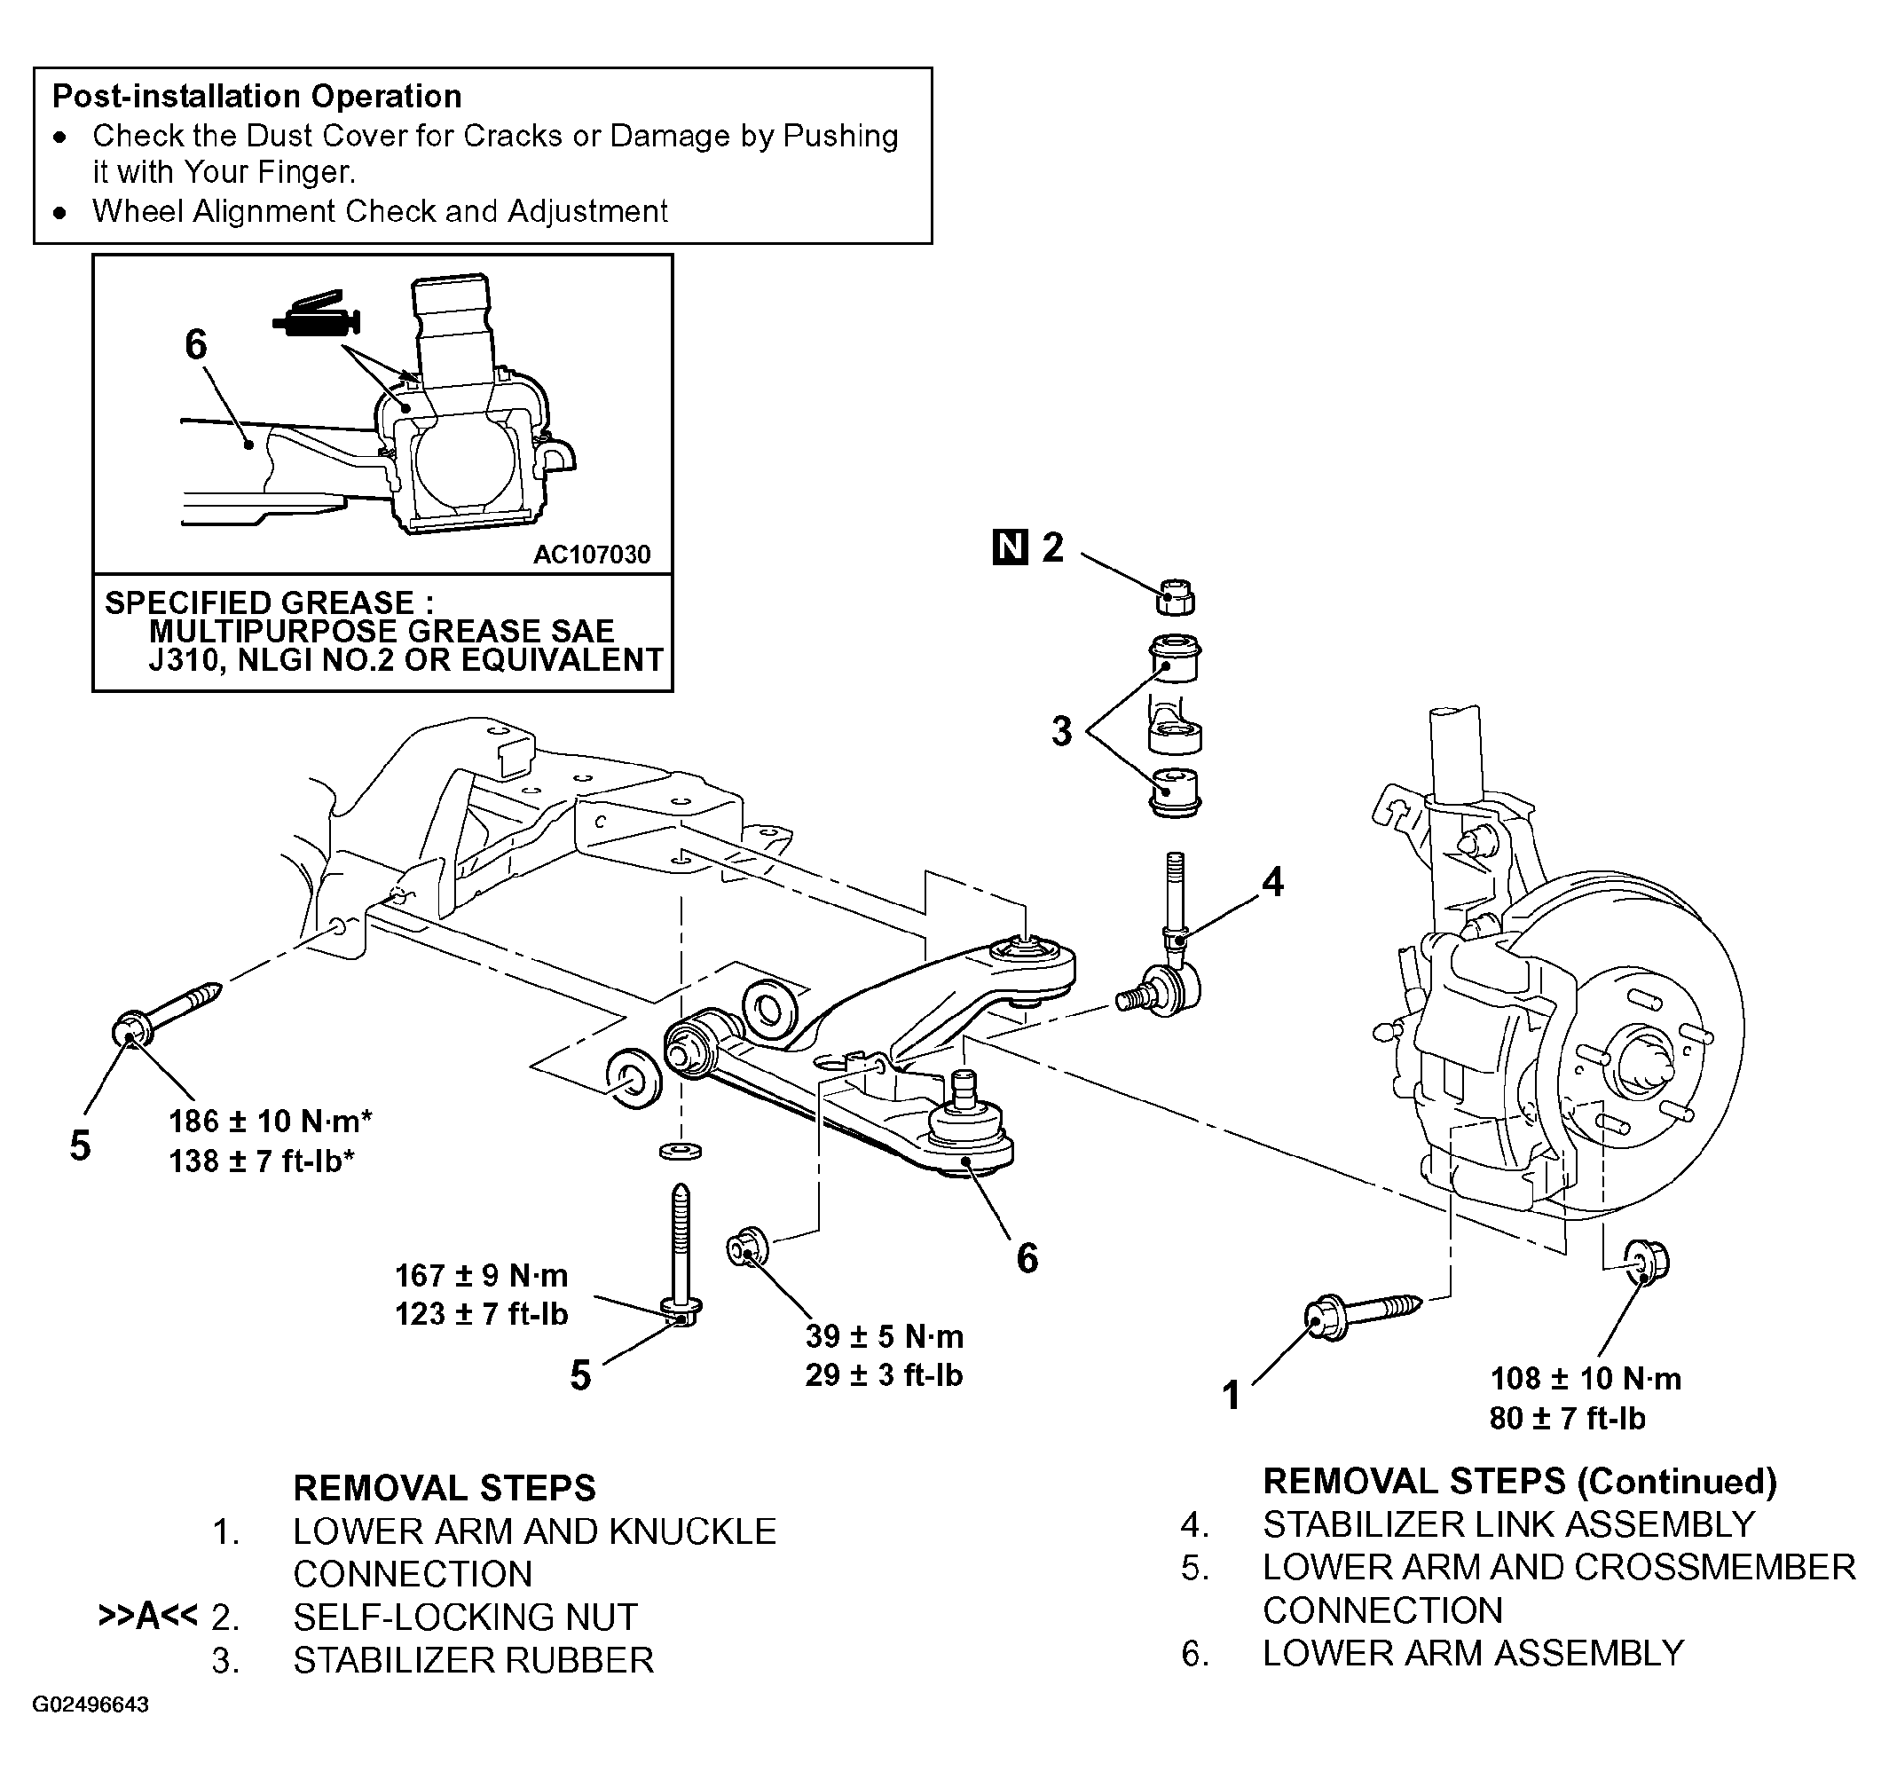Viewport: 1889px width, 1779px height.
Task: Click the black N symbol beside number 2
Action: [1010, 547]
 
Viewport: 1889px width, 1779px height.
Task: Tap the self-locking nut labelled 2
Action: [1177, 597]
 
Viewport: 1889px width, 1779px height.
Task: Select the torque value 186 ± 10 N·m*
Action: [271, 1122]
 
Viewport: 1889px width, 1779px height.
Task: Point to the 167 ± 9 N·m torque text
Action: [482, 1274]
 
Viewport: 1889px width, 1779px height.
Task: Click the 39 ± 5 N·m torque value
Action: [885, 1336]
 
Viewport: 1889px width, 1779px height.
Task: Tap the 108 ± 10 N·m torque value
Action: [1586, 1378]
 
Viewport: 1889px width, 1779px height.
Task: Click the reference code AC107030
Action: [592, 555]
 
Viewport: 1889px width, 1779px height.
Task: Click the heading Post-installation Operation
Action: [256, 96]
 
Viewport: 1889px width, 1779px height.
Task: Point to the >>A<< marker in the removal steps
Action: [147, 1616]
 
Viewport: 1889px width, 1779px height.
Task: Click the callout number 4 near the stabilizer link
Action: [1272, 882]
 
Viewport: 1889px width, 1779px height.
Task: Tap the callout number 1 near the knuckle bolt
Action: [1232, 1395]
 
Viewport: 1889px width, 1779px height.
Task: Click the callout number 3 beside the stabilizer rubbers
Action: [1061, 731]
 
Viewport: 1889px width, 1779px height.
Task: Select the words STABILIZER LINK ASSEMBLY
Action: [1508, 1524]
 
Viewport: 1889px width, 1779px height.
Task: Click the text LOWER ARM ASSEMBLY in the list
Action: [1473, 1654]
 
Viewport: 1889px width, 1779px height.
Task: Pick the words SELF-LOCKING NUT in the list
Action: [466, 1617]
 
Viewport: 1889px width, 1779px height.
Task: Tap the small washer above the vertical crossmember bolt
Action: [681, 1151]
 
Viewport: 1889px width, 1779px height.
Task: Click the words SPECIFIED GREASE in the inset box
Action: [259, 602]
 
